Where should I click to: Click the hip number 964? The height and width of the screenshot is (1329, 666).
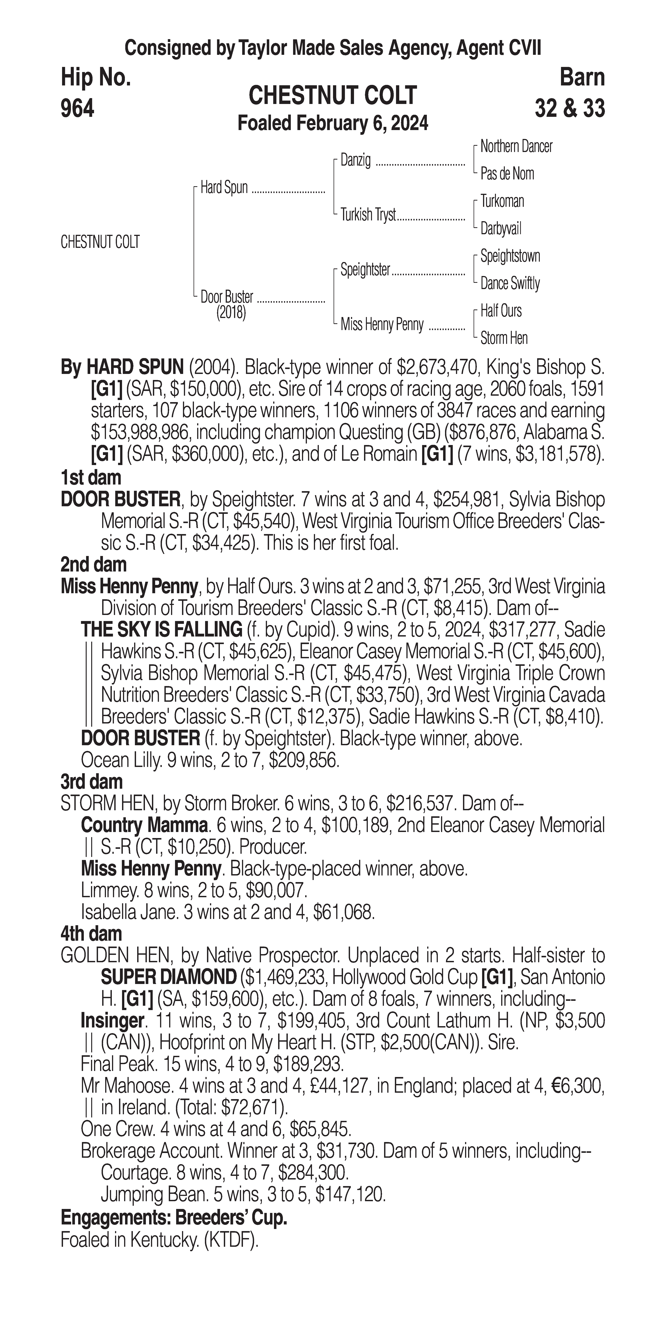click(77, 109)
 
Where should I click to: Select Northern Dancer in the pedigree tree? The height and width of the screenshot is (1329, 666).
click(516, 147)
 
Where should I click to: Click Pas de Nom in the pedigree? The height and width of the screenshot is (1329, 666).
click(507, 174)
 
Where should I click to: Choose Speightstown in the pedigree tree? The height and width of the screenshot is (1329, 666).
click(510, 256)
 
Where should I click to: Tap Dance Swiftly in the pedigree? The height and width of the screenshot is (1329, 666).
click(510, 283)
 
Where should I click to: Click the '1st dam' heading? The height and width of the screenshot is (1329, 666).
click(91, 478)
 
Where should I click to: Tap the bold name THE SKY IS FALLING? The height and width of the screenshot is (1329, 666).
click(162, 630)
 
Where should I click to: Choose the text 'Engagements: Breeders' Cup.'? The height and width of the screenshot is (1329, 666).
click(174, 1218)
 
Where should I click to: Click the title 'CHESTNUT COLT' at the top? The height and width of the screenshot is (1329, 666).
click(332, 96)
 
